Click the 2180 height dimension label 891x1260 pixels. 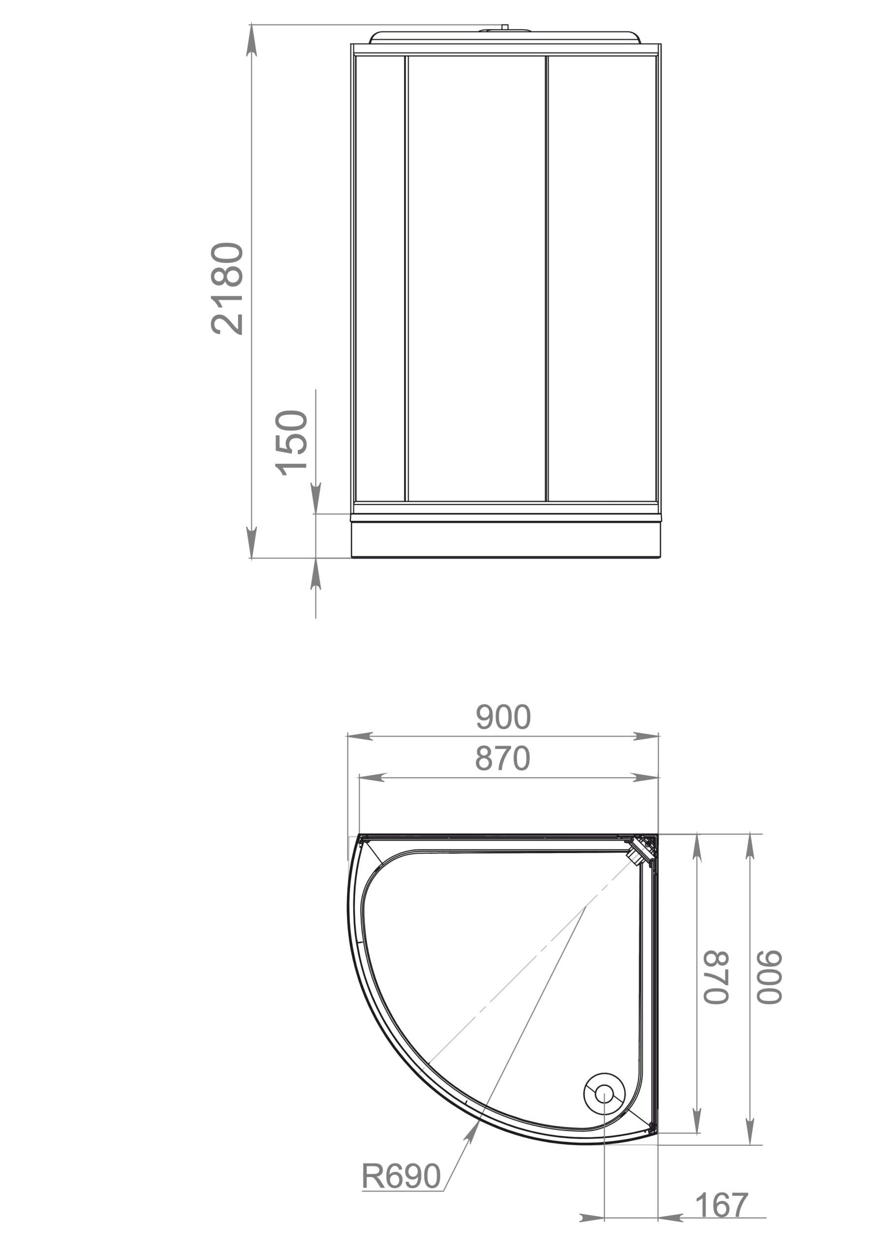(x=227, y=288)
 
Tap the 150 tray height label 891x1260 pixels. (x=291, y=442)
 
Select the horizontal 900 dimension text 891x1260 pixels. (x=503, y=716)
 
